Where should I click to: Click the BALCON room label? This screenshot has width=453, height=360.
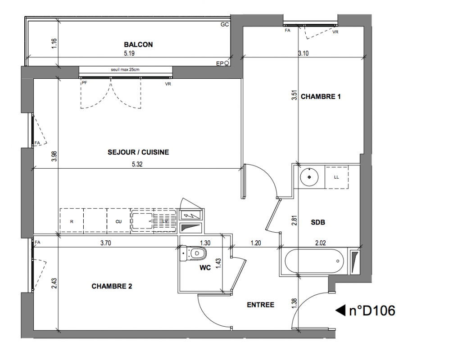click(x=138, y=45)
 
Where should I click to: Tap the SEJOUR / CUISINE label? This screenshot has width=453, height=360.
click(x=138, y=152)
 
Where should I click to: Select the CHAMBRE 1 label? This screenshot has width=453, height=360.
click(x=321, y=96)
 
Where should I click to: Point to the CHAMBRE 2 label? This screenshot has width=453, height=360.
click(x=112, y=286)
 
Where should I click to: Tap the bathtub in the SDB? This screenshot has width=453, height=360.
click(x=314, y=261)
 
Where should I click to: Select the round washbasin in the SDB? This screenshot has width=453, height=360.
click(x=309, y=177)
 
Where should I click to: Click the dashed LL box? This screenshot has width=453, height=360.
click(x=336, y=177)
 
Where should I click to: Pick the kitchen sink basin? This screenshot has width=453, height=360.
click(x=142, y=221)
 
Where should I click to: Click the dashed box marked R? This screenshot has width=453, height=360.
click(x=72, y=221)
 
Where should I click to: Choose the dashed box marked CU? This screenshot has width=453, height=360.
click(x=118, y=221)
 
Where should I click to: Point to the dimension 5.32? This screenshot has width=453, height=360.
click(x=137, y=164)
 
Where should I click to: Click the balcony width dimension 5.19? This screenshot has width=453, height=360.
click(x=129, y=54)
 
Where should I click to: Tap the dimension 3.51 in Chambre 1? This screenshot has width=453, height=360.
click(x=294, y=95)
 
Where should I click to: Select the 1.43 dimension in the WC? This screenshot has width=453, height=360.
click(x=218, y=264)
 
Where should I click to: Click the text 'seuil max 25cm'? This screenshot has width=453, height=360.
click(x=125, y=70)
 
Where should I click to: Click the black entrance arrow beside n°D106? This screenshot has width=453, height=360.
click(x=340, y=310)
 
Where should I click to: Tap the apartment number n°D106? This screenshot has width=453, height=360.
click(x=372, y=310)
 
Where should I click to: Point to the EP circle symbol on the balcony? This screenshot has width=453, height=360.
click(x=227, y=63)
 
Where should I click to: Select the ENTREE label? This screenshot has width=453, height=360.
click(x=261, y=305)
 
